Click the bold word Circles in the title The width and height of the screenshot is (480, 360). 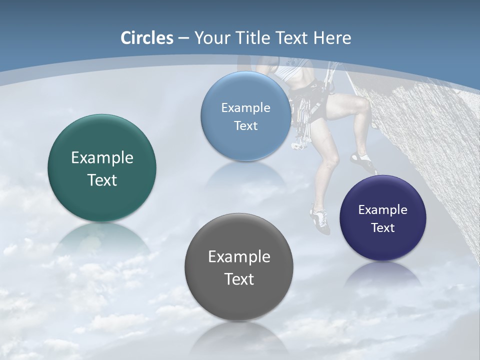click(x=147, y=38)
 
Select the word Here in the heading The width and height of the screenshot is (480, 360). click(x=332, y=38)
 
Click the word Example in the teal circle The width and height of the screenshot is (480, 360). click(x=102, y=158)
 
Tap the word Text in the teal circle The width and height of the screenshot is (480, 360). click(x=102, y=180)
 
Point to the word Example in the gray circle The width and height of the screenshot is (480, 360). click(x=239, y=257)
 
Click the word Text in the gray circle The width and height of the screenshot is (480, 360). click(x=239, y=279)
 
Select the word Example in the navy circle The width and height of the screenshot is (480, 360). click(x=382, y=209)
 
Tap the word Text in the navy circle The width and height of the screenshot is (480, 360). click(x=382, y=228)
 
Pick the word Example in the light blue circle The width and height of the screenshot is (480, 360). click(x=245, y=107)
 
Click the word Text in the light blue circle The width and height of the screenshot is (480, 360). click(x=245, y=126)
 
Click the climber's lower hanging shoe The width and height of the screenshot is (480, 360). click(x=320, y=220)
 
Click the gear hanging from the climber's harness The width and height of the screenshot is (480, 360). click(x=302, y=125)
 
